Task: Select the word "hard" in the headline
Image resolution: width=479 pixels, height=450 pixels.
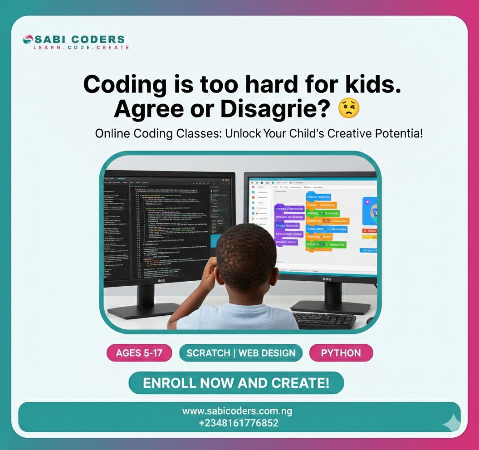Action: (x=259, y=85)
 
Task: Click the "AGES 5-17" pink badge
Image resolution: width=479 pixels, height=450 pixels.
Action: (x=139, y=353)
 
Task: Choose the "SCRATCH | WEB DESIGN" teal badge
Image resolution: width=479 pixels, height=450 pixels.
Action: (x=241, y=353)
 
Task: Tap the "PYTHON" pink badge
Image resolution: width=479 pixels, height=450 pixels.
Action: (x=341, y=353)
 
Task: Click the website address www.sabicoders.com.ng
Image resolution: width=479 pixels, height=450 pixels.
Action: (x=237, y=411)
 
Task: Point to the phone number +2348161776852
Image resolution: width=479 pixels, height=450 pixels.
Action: (x=239, y=424)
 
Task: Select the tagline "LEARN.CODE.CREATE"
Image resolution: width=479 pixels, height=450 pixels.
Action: (x=81, y=47)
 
